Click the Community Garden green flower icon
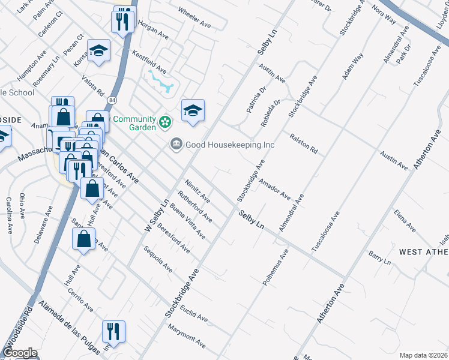165,123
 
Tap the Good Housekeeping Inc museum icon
176,145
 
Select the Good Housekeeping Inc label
230,145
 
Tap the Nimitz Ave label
197,190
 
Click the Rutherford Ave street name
195,206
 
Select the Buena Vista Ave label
187,223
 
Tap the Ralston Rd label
303,145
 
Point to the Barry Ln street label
379,259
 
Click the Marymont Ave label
187,337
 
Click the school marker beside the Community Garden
193,110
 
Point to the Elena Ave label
405,220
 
